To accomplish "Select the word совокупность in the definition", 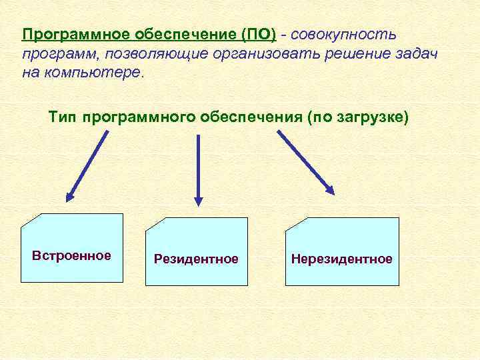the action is click(x=344, y=34).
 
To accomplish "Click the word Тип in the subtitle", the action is click(x=63, y=117).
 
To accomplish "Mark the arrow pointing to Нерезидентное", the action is click(x=305, y=161).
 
